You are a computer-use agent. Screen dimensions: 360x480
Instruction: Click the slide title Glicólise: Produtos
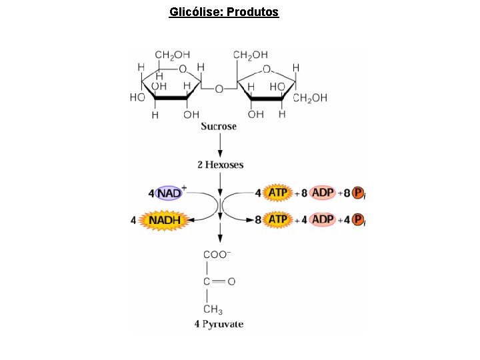point(224,12)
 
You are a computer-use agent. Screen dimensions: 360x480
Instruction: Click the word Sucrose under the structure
point(219,127)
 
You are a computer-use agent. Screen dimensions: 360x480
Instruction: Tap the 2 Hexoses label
point(220,165)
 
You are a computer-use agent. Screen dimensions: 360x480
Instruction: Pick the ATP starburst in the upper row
point(277,193)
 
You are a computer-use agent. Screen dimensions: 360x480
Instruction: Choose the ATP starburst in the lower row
point(277,219)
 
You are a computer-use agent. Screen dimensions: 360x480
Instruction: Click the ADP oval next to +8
point(323,193)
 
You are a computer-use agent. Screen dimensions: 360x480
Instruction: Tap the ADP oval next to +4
point(323,219)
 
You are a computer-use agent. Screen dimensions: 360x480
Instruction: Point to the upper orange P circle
point(358,193)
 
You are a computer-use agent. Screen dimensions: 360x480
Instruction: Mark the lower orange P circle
point(358,219)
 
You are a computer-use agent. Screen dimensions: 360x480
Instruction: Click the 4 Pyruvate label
point(219,325)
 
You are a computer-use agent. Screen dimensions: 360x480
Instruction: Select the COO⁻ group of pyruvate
point(217,254)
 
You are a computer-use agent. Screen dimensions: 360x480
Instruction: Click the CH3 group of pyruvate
point(213,309)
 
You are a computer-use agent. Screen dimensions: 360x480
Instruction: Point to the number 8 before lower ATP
point(259,219)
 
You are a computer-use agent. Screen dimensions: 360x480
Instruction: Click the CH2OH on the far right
point(310,98)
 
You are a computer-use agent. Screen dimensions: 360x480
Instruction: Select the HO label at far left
point(137,97)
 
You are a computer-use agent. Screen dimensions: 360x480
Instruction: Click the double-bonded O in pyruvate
point(231,281)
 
